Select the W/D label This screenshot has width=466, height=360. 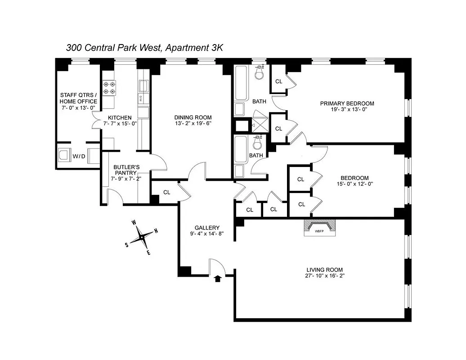click(x=79, y=156)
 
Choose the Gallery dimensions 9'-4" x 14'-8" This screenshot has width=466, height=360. click(x=206, y=234)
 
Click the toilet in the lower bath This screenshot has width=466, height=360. click(x=257, y=143)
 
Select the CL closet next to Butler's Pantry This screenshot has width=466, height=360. click(x=166, y=192)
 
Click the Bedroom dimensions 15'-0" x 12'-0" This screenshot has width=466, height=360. click(x=354, y=184)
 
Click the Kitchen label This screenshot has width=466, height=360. click(x=120, y=118)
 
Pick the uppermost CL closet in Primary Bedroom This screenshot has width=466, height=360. click(x=278, y=81)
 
